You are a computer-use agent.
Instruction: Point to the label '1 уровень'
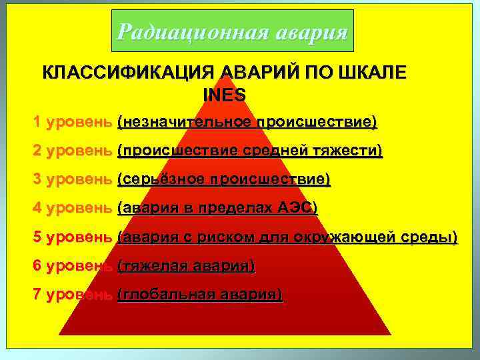[73, 123]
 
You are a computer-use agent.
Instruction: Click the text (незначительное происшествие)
[247, 123]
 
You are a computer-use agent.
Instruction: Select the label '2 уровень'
[73, 151]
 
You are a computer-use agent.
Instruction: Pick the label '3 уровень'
[73, 179]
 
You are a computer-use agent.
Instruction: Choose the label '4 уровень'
[73, 208]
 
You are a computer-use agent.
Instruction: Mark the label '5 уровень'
[73, 237]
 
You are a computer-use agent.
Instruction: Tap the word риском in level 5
[229, 237]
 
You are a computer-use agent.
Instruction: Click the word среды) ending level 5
[429, 237]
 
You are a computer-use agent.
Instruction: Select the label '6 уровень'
[73, 265]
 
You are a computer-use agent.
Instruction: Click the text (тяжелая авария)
[186, 265]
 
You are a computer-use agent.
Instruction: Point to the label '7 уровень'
[73, 294]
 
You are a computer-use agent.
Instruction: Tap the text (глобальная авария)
[199, 294]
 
